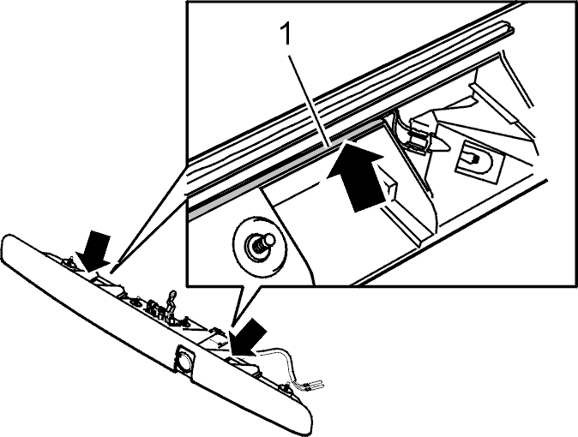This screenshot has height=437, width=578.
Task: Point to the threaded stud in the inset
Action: pos(262,244)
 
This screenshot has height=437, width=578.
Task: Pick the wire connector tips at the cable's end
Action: pos(312,386)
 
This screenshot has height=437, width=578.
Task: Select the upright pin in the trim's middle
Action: pos(172,302)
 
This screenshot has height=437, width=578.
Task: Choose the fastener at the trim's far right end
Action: pos(284,389)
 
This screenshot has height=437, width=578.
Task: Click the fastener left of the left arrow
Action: pos(69,263)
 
